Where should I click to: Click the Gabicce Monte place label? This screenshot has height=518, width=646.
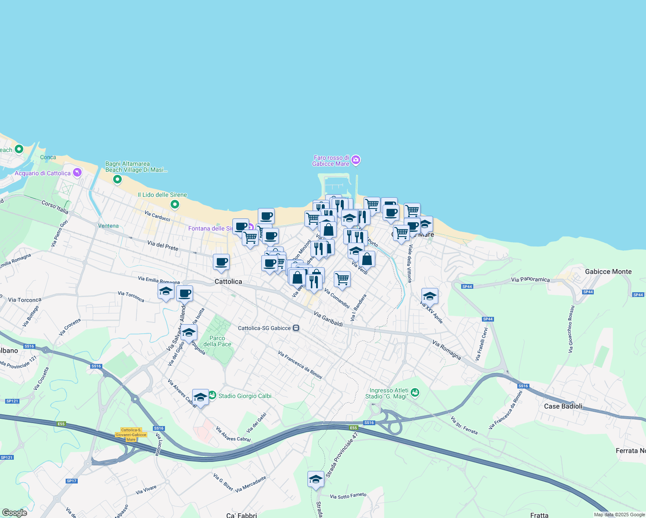[x=608, y=272]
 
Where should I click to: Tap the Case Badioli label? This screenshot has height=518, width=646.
[x=563, y=406]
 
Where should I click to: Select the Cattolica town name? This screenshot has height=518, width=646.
[x=228, y=281]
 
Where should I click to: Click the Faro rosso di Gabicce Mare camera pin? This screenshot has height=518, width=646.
[x=356, y=160]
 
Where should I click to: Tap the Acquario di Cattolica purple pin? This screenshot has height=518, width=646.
[x=77, y=173]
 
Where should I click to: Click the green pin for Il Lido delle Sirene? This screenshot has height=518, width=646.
[x=175, y=204]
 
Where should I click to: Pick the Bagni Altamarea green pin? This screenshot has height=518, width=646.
[x=117, y=179]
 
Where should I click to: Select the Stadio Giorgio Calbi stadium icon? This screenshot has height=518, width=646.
[x=212, y=395]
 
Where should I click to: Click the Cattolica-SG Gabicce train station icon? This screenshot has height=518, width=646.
[x=296, y=328]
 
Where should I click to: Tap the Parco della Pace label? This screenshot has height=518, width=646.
[x=217, y=341]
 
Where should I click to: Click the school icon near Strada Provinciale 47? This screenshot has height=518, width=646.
[x=316, y=479]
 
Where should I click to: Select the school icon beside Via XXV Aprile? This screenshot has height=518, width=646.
[x=429, y=296]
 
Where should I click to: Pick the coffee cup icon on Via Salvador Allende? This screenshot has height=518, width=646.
[x=184, y=294]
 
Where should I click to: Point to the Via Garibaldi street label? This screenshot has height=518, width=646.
[x=328, y=319]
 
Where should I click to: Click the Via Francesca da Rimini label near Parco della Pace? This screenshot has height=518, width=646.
[x=300, y=365]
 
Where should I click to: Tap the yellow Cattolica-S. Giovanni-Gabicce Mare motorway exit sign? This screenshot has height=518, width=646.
[x=131, y=434]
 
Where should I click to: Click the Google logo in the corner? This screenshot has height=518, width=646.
[x=15, y=513]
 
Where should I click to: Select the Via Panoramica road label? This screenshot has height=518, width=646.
[x=530, y=279]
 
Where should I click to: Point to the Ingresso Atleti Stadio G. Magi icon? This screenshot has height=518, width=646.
[x=415, y=392]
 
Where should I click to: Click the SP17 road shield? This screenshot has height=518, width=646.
[x=71, y=481]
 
